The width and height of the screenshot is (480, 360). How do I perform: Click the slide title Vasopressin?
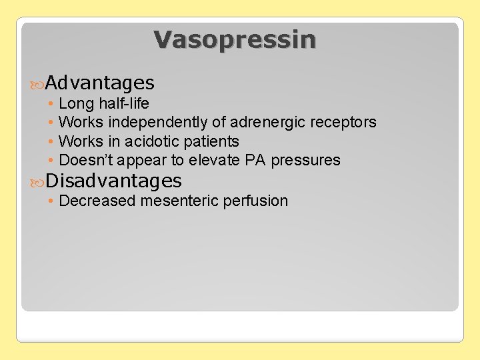tap(235, 39)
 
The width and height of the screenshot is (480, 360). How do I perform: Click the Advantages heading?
tap(100, 83)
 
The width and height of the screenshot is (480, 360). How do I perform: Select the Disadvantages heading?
tap(113, 181)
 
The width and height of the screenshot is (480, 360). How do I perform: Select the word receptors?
tap(343, 122)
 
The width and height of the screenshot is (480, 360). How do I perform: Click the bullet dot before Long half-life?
tap(51, 104)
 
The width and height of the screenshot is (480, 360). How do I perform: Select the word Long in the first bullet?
tap(72, 103)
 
